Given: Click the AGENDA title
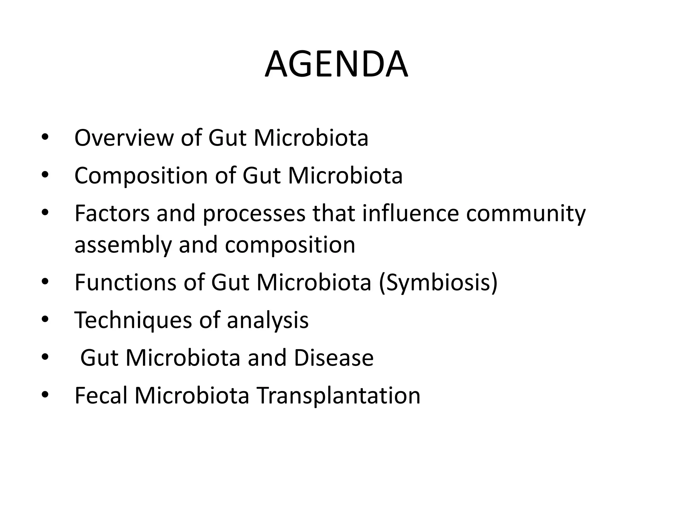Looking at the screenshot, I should point(336,64).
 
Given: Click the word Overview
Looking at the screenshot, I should point(124,138).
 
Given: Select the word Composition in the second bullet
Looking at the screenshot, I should point(141,176).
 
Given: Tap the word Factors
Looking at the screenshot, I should point(112,213).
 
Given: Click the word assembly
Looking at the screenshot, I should point(123,245).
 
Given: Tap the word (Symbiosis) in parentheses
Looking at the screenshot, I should point(438,283).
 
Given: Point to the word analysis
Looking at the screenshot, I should point(267,321).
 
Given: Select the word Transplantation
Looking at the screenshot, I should point(338,396).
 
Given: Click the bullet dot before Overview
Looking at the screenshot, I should point(45,138).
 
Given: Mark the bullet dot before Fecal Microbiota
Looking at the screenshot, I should point(45,396).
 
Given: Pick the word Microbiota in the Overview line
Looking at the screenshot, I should point(311,138).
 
